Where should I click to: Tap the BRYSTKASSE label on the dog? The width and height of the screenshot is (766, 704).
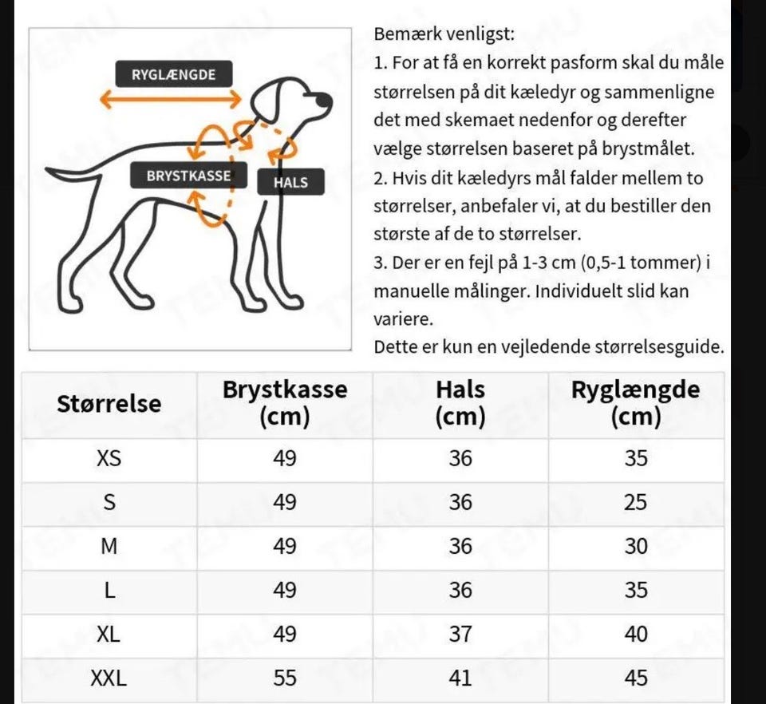(188, 176)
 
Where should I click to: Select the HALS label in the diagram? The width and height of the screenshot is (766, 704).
(290, 183)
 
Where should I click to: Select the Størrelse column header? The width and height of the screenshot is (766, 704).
(109, 404)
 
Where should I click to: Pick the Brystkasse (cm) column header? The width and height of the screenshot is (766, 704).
(285, 403)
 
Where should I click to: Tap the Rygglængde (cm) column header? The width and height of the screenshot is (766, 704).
(635, 403)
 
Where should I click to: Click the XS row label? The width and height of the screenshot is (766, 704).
(109, 459)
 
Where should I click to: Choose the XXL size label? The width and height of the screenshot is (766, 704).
(109, 678)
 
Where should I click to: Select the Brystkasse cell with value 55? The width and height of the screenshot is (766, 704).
(285, 678)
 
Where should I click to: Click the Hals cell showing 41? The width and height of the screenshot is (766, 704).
(460, 678)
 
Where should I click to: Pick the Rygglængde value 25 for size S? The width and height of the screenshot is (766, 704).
(635, 503)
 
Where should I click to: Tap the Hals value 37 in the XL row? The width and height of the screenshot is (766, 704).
(460, 635)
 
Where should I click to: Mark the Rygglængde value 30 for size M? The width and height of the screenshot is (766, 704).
(635, 547)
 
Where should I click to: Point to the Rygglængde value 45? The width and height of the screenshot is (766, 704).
(635, 678)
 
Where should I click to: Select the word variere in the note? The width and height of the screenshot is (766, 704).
(404, 319)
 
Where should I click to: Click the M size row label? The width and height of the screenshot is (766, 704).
(109, 547)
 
